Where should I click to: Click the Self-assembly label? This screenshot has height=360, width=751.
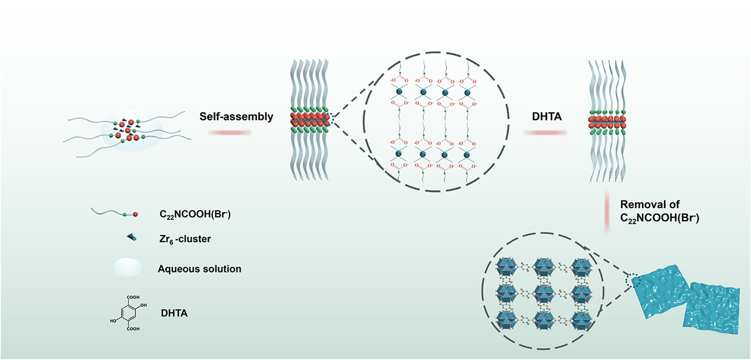click(x=236, y=117)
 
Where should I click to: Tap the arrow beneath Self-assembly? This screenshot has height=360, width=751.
click(x=230, y=133)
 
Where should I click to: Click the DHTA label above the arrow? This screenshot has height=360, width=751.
click(x=546, y=117)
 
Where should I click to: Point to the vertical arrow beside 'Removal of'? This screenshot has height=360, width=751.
click(x=607, y=212)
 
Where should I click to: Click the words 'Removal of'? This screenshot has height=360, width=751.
click(x=650, y=204)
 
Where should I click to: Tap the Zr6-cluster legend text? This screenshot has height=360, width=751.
click(x=185, y=239)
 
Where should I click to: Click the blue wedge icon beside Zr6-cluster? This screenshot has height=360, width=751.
click(x=132, y=237)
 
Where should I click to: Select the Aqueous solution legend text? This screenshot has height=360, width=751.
click(x=199, y=269)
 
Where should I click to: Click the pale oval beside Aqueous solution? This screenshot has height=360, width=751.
click(x=127, y=267)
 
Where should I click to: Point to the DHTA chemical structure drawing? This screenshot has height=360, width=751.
click(x=128, y=313)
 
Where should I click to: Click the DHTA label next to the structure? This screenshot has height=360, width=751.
click(x=174, y=313)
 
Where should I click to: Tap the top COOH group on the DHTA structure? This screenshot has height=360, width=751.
click(x=133, y=297)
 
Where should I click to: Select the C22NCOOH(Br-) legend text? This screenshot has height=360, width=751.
click(x=195, y=214)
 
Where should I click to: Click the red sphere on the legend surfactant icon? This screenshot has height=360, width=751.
click(x=136, y=214)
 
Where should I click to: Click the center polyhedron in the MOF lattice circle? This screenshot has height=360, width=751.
click(x=544, y=293)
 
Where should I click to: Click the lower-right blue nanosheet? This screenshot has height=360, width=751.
click(x=712, y=309)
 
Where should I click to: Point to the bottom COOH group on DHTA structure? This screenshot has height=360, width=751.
click(x=133, y=329)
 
